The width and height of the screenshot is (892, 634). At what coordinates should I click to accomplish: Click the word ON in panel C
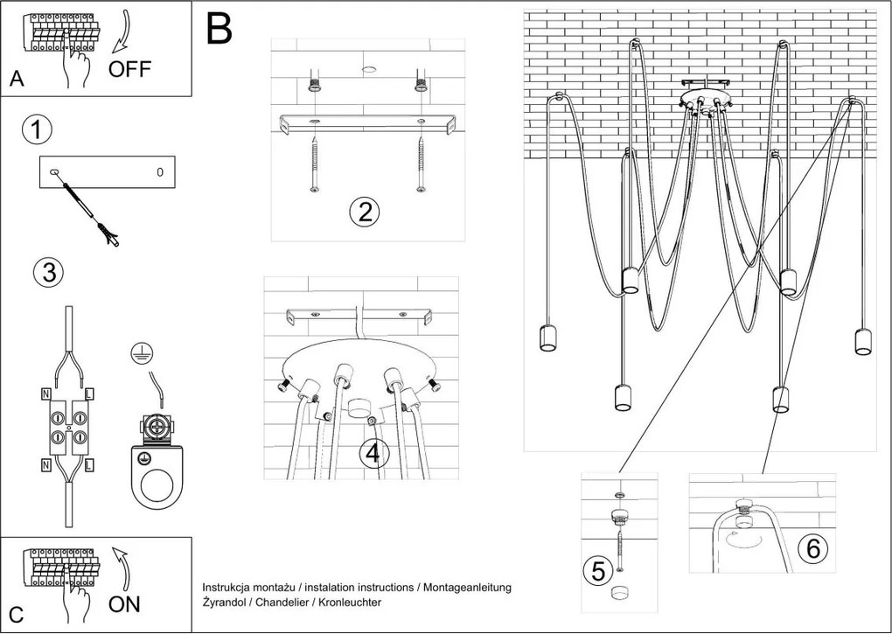coord(124,604)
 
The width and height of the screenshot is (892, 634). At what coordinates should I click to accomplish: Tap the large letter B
coord(220,30)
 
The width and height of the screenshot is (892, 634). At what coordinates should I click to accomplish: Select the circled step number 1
coord(36,131)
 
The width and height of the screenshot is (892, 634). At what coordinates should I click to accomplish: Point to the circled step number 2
coord(363,212)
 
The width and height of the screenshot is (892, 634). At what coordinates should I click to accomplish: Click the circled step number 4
coord(373,454)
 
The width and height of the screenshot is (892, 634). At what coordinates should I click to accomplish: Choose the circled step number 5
coord(598,572)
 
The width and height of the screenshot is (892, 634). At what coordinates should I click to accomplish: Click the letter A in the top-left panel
coord(17,80)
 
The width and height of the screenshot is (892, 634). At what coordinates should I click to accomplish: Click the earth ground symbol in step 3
coord(137,352)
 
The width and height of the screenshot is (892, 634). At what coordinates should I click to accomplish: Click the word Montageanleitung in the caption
coord(465,588)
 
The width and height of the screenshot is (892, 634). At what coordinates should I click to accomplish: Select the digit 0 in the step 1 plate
coord(159,172)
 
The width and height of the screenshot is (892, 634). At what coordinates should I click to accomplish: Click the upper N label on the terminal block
coord(46,394)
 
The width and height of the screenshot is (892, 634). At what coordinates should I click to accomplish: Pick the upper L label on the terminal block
coord(89,394)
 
